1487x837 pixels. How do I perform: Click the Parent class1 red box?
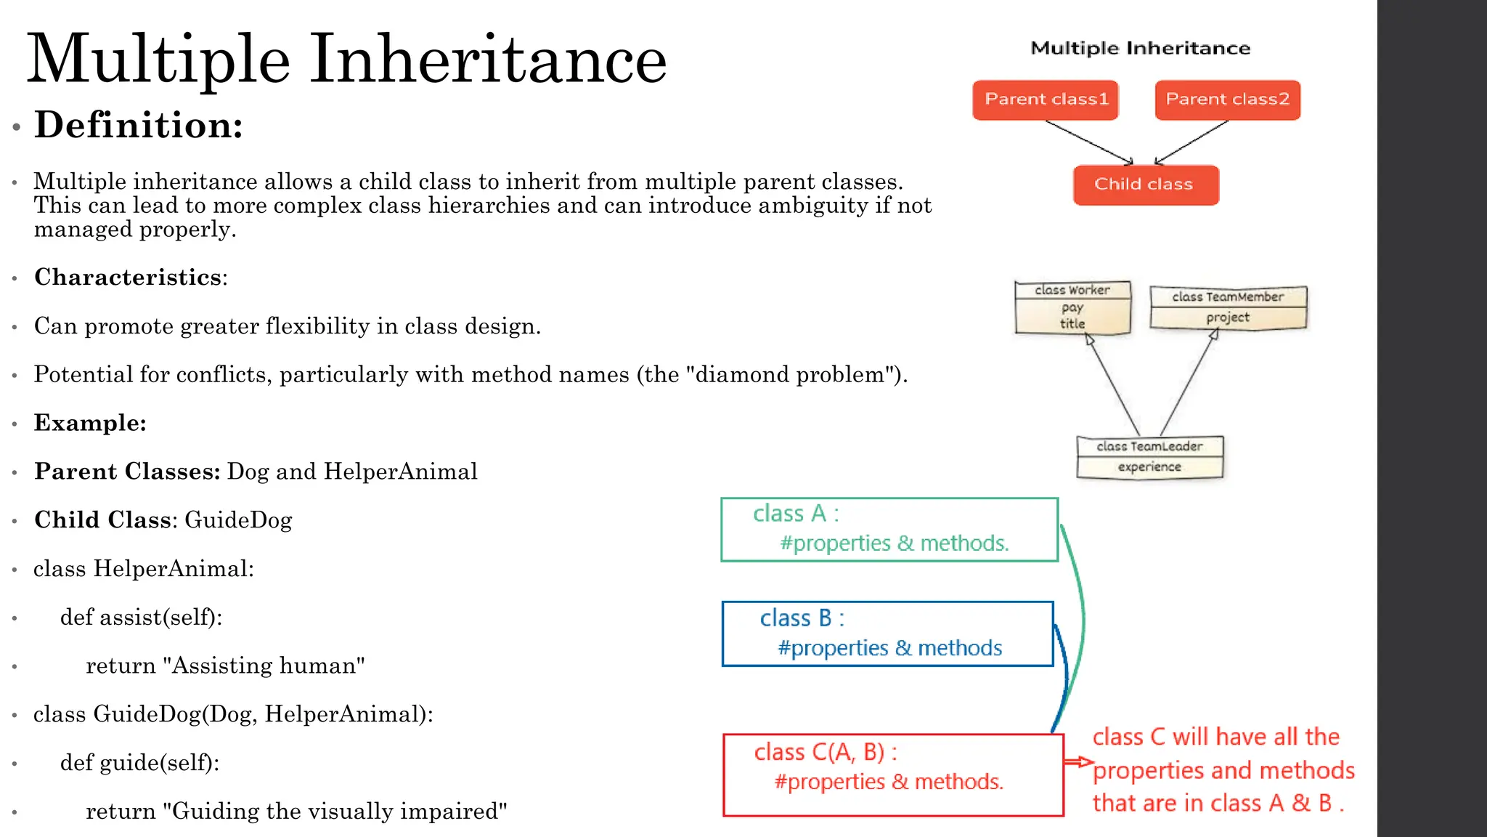(1046, 100)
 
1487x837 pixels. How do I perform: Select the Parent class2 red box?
(1227, 100)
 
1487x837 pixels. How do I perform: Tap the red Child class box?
(1145, 185)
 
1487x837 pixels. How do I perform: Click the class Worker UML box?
(1072, 307)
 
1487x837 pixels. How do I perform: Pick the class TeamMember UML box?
(1228, 307)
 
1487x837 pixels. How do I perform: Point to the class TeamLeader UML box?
(1149, 457)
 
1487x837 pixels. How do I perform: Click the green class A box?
(889, 529)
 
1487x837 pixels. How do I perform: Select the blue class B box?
(887, 633)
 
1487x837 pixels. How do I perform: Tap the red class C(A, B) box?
(892, 775)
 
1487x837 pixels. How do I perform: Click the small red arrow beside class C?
(1079, 762)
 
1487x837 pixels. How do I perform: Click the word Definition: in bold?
(139, 125)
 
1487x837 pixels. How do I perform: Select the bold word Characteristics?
(128, 278)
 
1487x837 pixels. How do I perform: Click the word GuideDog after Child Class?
(238, 520)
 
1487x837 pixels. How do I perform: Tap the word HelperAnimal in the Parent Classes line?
(401, 472)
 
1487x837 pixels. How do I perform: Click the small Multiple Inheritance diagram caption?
(1140, 49)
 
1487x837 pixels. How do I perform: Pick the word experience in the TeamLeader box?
(1149, 466)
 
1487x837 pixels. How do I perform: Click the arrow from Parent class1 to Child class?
(1089, 142)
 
